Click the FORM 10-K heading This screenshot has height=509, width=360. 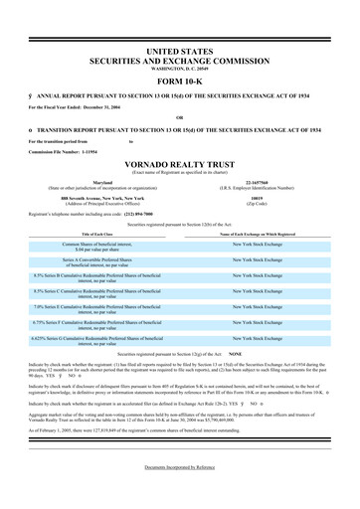pyautogui.click(x=179, y=81)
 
